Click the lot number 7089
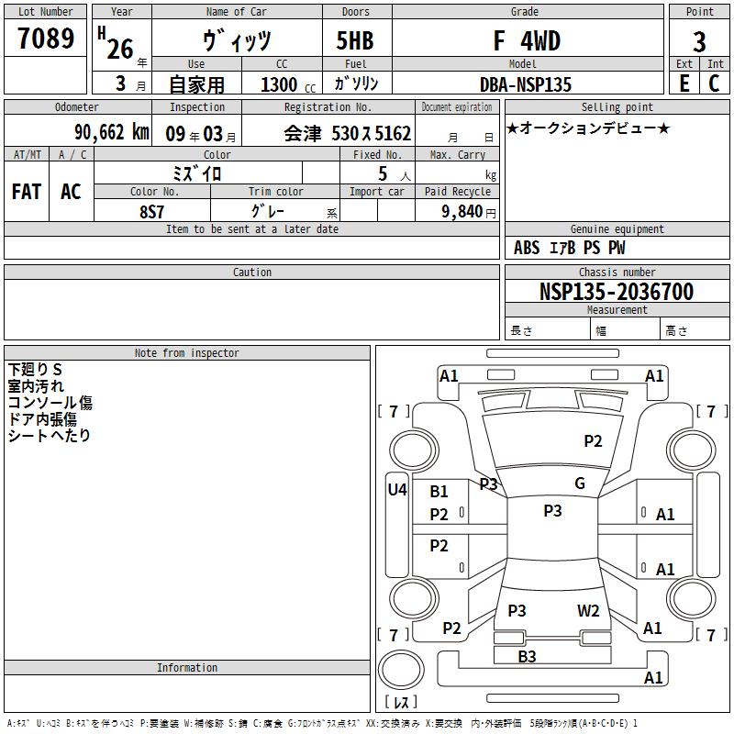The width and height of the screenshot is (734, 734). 46,38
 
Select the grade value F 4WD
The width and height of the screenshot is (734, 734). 527,40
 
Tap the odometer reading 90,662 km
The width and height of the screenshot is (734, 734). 112,132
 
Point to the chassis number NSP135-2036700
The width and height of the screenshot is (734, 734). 616,291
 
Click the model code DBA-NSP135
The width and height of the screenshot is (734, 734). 526,84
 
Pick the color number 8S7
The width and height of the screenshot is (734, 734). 151,212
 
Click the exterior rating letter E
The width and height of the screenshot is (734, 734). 684,83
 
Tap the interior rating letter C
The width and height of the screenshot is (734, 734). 714,83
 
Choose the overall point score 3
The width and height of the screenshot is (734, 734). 699,41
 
